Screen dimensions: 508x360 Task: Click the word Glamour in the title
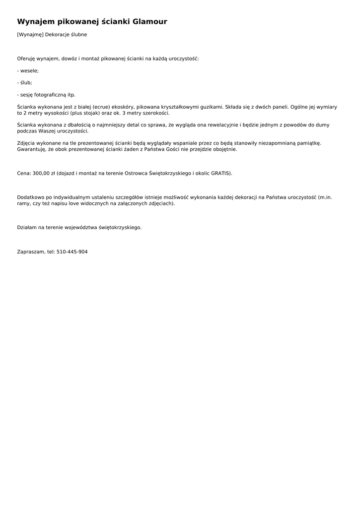pyautogui.click(x=149, y=22)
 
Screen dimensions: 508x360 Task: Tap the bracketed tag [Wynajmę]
pyautogui.click(x=30, y=35)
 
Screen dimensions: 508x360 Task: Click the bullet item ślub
pyautogui.click(x=25, y=83)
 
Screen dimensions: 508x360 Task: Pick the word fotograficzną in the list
pyautogui.click(x=50, y=95)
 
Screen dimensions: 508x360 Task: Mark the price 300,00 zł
pyautogui.click(x=44, y=174)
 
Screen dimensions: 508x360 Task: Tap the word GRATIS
pyautogui.click(x=221, y=174)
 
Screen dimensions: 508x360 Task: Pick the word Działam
pyautogui.click(x=27, y=228)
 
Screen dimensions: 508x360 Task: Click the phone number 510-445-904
pyautogui.click(x=72, y=252)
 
